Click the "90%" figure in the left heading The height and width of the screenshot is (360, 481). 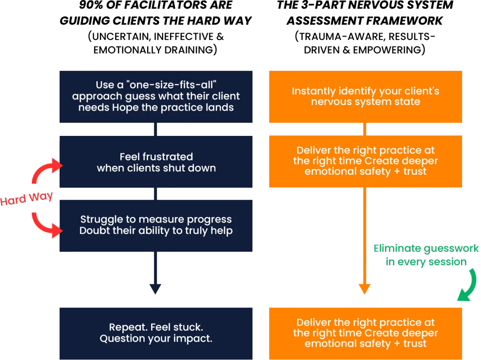91,5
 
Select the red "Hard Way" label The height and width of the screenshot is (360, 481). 26,198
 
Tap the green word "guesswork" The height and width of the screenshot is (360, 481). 451,249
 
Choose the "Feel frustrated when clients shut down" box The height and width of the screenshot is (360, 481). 156,162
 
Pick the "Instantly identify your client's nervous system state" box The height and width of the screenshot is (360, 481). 366,97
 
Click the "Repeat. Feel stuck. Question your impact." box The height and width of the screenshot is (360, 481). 156,334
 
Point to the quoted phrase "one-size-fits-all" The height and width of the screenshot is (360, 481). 172,85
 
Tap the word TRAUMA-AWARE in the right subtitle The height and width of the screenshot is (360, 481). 342,36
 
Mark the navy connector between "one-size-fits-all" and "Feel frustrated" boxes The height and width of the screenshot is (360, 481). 156,129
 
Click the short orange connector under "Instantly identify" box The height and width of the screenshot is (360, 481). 365,129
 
